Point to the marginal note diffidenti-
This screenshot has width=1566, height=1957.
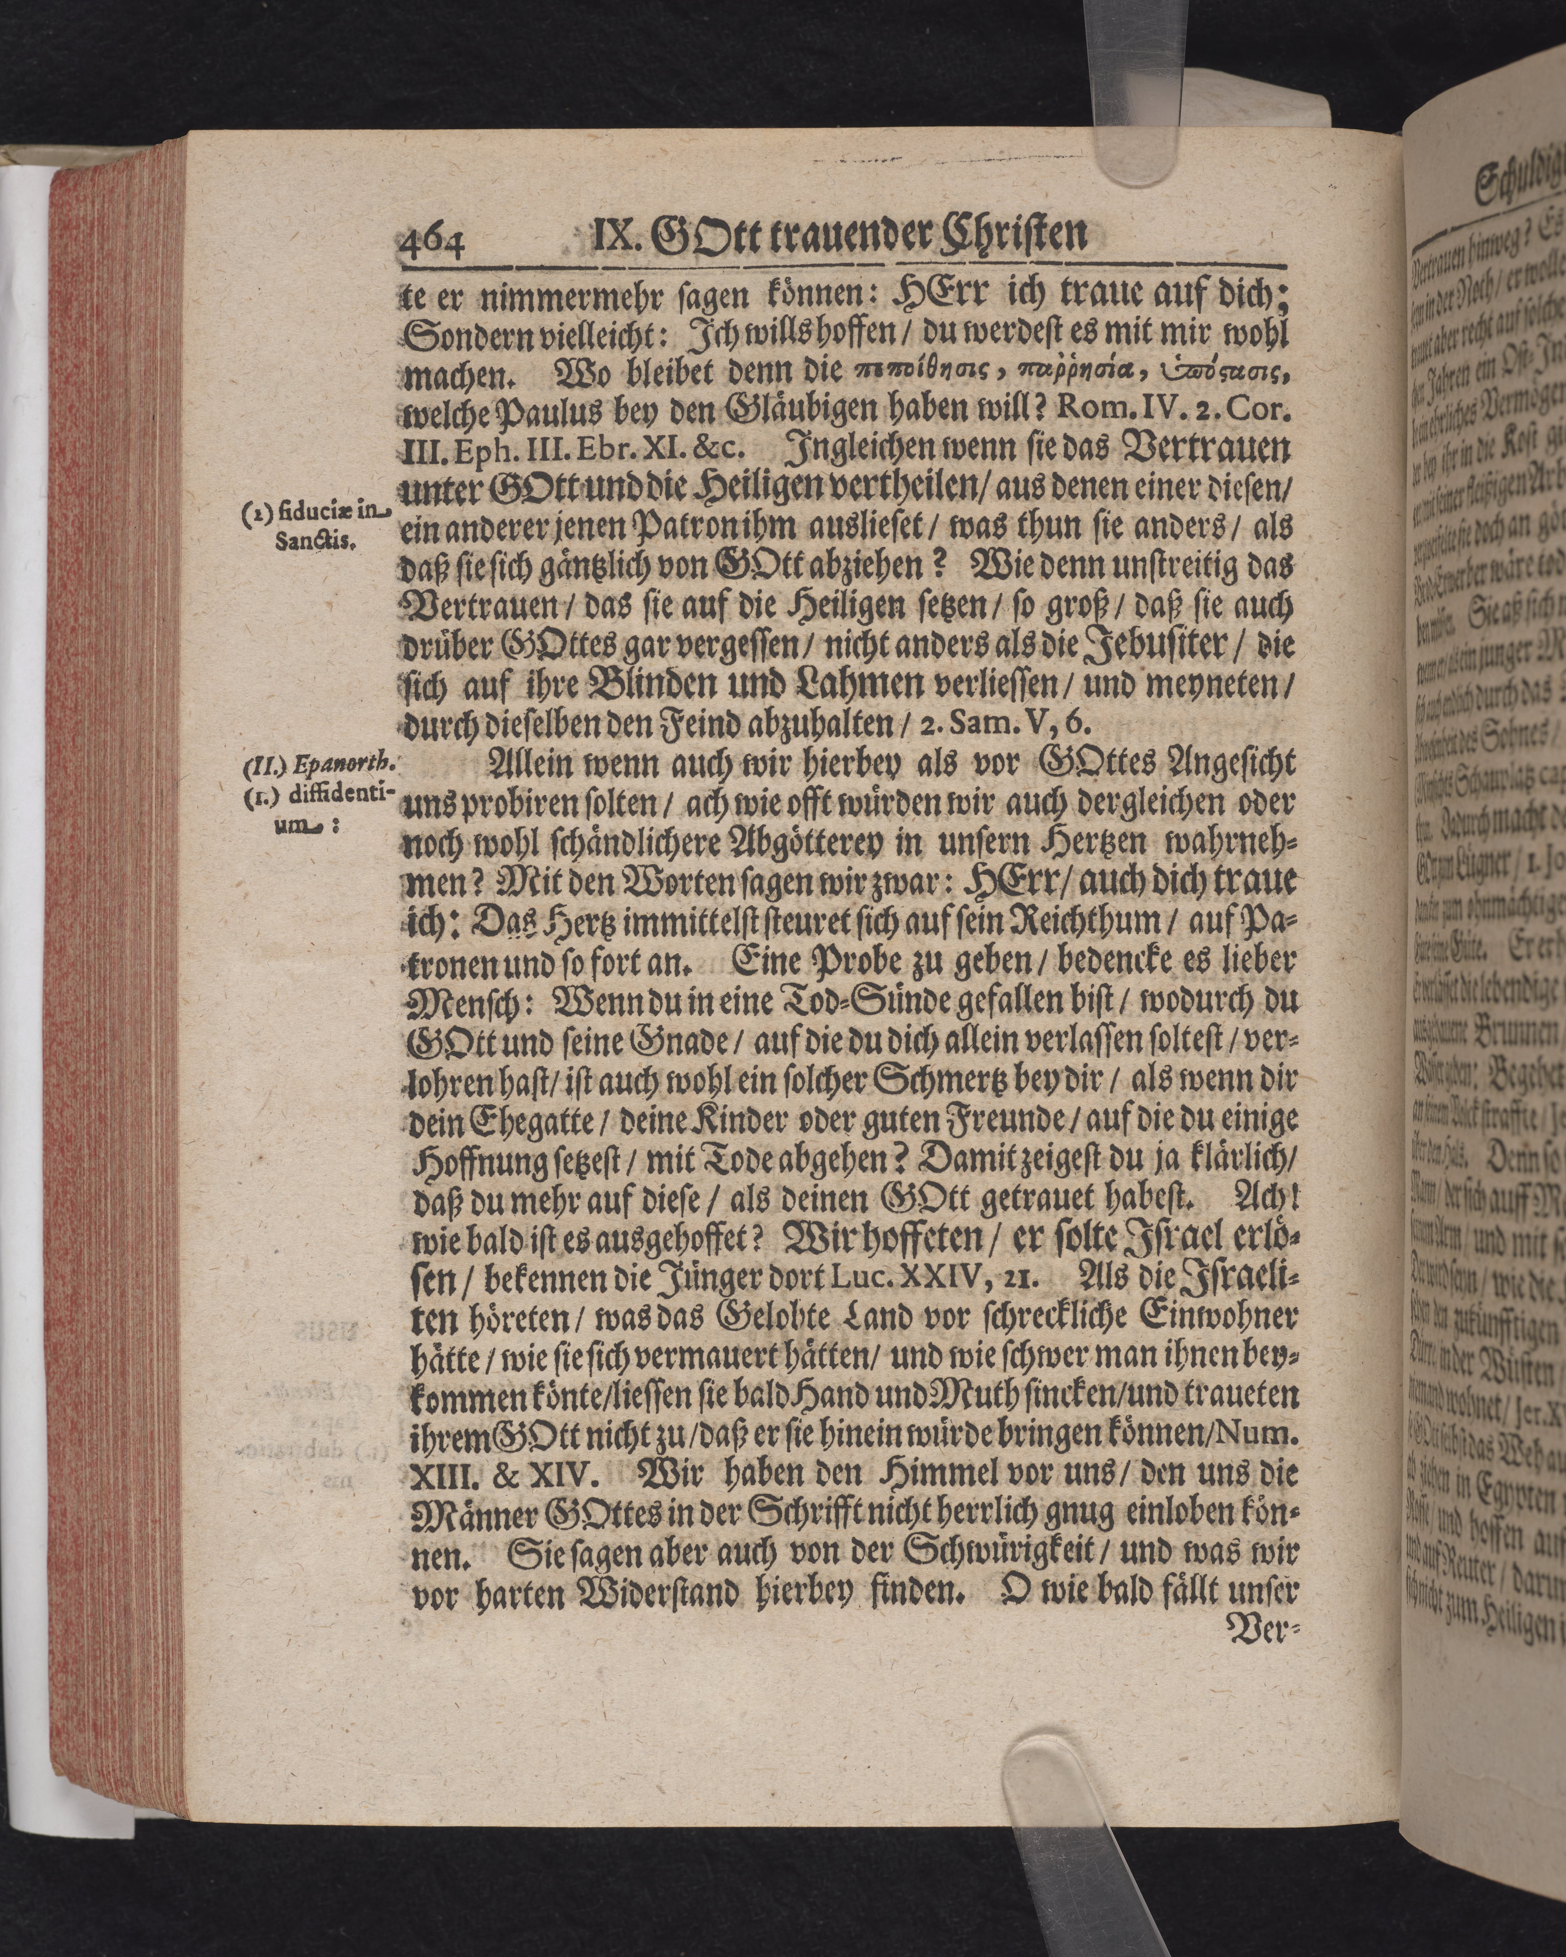tap(356, 791)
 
